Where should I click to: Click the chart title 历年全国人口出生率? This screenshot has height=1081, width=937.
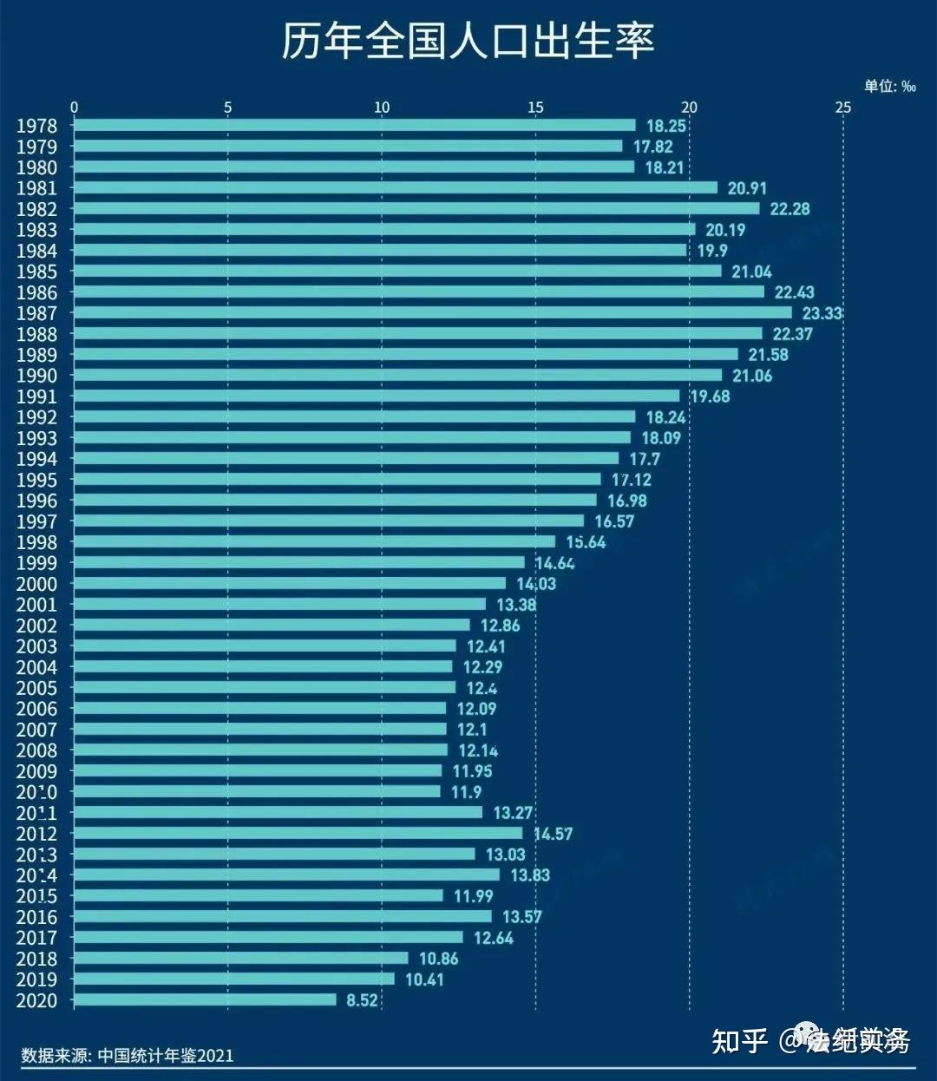pos(468,41)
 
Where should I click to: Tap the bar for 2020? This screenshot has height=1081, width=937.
pos(205,1000)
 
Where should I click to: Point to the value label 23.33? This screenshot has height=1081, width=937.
pos(822,313)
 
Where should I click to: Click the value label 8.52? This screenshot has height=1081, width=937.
pos(362,1000)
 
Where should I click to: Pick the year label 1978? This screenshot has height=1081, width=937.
pos(36,126)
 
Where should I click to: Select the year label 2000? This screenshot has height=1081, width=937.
pos(36,584)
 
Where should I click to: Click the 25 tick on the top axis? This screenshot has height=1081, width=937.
pos(842,108)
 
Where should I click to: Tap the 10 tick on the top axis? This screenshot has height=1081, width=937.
pos(382,108)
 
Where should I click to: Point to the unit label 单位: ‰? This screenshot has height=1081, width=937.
pos(889,86)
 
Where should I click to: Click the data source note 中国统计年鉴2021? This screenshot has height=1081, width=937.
pos(128,1055)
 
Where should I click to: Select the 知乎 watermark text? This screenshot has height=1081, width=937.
pos(739,1040)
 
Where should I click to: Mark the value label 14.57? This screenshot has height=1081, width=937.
pos(553,834)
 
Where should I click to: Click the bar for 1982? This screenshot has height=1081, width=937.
pos(416,209)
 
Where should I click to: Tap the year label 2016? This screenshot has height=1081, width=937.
pos(36,917)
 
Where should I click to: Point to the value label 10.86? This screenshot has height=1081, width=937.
pos(438,959)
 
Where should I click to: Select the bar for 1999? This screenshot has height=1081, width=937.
pos(299,563)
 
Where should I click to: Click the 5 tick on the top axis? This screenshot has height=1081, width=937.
pos(227,108)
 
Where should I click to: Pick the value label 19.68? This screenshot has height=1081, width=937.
pos(710,396)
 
